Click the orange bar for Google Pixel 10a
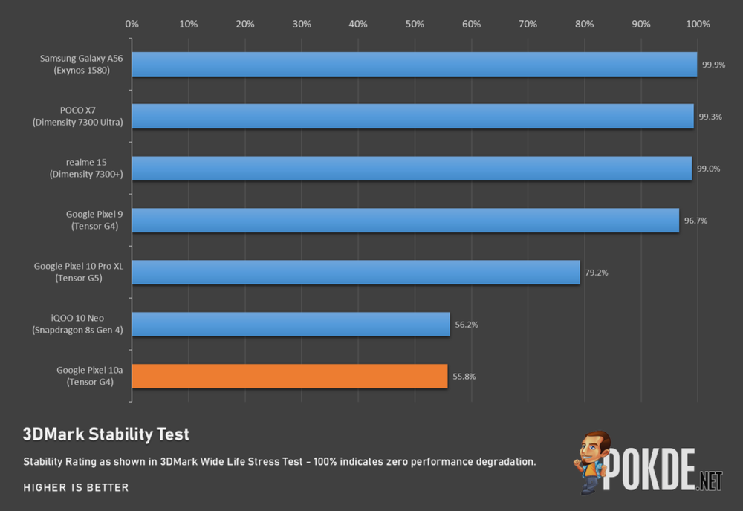coord(290,376)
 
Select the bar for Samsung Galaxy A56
coord(415,65)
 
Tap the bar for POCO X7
coord(412,117)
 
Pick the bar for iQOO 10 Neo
coord(291,324)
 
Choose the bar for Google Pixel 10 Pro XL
coord(355,273)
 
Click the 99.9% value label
coord(711,65)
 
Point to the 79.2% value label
coord(597,273)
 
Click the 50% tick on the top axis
coord(415,24)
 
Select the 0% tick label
coord(132,24)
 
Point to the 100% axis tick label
coord(698,24)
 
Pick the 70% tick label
coord(528,24)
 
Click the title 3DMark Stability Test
coord(106,434)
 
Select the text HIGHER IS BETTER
coord(76,488)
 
